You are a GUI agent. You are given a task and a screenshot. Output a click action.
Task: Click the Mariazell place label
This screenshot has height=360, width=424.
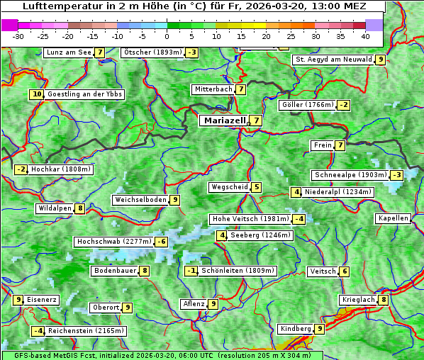coord(224,120)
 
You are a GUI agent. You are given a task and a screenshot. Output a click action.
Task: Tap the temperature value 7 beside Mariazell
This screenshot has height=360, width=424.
coord(256,120)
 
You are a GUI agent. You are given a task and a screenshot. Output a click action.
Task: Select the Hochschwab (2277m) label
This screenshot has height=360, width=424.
coord(114,242)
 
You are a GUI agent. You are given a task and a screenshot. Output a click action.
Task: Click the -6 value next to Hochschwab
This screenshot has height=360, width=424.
coord(162,242)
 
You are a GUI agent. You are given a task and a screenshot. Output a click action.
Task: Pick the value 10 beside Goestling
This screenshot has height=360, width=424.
coord(37,94)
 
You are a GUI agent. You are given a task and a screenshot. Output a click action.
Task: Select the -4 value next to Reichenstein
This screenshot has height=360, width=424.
coord(38,331)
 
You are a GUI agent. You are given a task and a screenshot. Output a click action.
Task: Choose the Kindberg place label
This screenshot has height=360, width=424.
coord(296,329)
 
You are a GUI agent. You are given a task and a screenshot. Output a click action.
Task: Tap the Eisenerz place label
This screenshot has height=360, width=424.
coord(42,300)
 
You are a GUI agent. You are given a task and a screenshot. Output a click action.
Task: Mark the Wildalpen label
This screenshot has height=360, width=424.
coord(55,208)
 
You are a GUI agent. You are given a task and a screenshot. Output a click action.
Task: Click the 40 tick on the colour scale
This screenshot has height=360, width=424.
coord(365,35)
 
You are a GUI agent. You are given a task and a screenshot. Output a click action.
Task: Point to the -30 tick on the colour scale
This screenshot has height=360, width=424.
coord(19,35)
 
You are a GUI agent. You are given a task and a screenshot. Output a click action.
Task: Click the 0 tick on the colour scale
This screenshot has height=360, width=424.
coord(167,35)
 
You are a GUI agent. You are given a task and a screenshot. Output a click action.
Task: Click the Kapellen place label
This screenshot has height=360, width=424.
coord(393,218)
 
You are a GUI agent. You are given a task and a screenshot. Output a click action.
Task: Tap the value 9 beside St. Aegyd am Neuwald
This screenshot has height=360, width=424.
coord(381,60)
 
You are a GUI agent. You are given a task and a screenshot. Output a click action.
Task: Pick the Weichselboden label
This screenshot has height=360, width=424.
coord(141,200)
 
